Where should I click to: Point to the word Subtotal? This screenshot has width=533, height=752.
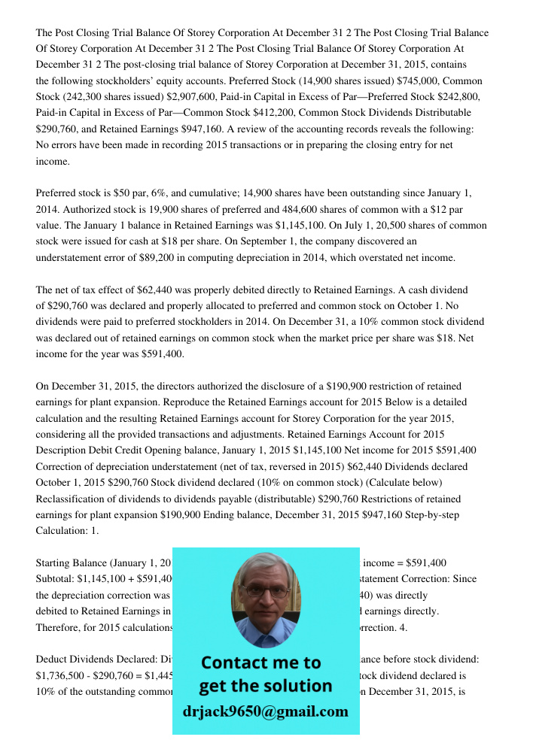56,579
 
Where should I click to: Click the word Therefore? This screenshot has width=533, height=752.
59,627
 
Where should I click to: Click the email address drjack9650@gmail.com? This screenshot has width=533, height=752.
265,711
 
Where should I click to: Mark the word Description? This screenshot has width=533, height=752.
65,450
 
